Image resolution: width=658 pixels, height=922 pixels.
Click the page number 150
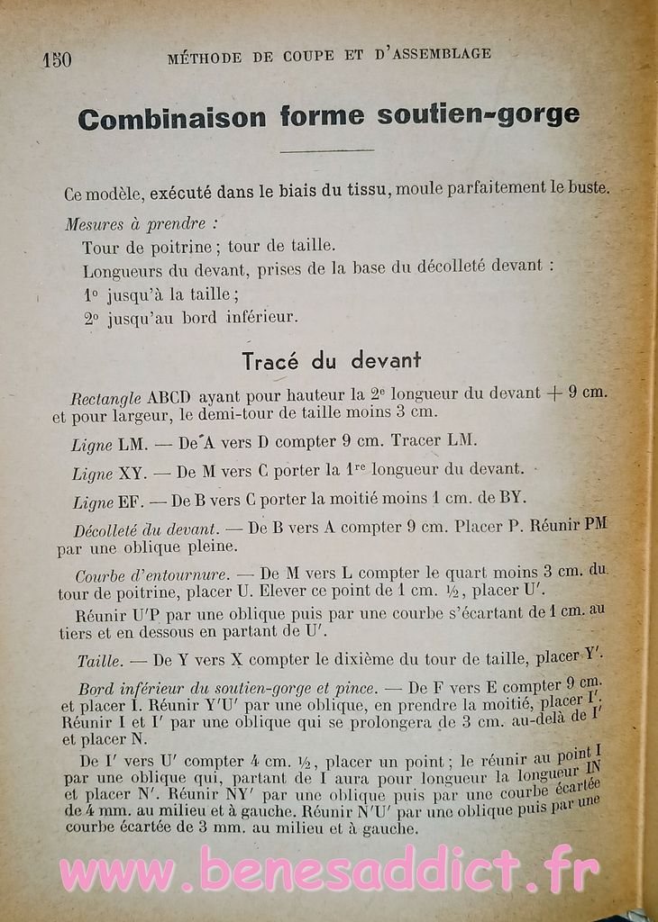[56, 59]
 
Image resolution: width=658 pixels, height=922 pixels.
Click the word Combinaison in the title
[171, 117]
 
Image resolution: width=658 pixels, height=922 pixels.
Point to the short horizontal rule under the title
[326, 150]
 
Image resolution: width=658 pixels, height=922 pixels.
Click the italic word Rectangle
[106, 396]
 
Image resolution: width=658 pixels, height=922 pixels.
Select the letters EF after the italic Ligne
[131, 498]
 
